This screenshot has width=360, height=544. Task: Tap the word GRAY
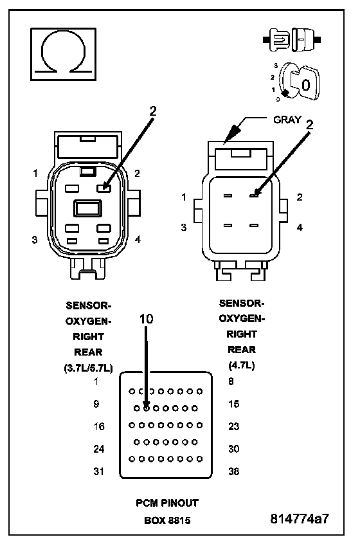[287, 120]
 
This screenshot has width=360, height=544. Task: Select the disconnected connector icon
[292, 40]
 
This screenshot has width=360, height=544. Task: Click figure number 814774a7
[300, 519]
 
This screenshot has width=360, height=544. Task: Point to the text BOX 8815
[167, 520]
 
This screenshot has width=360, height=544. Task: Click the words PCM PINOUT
[167, 503]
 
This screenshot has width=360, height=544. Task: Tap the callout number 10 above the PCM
[146, 319]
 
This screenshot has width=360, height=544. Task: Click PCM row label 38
[234, 471]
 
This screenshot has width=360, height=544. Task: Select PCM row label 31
[98, 471]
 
